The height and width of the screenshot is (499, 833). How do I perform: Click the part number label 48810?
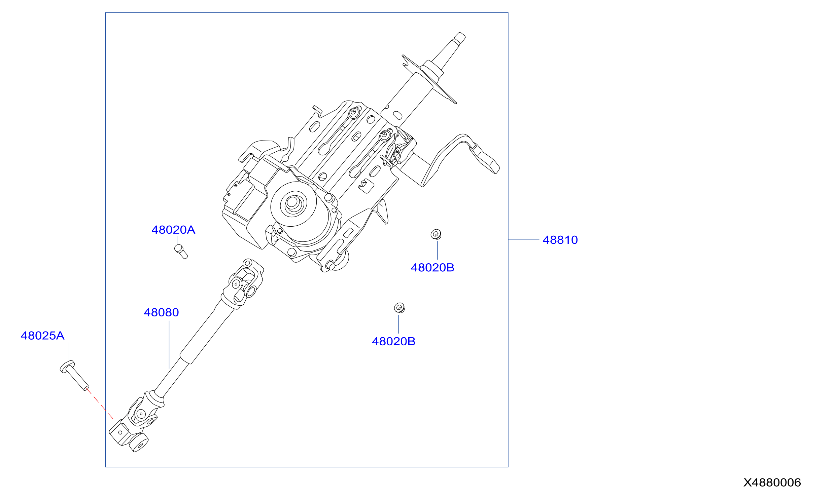560,240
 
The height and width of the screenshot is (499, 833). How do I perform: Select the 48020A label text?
173,230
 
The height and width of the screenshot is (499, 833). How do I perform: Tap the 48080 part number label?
161,312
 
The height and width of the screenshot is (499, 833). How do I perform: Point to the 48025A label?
42,336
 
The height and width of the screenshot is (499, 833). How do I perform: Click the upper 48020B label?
432,268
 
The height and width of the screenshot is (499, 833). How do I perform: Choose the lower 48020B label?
393,342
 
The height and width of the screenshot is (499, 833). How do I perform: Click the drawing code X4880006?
772,483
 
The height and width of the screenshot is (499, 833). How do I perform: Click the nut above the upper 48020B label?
436,234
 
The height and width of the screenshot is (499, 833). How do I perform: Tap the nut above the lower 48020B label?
399,308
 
